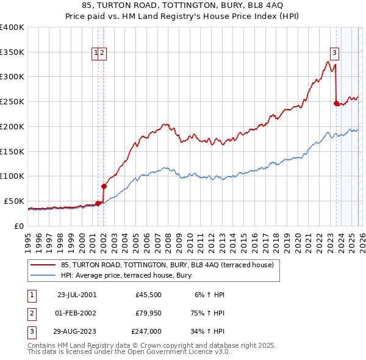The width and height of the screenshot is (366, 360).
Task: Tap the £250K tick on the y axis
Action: point(12,101)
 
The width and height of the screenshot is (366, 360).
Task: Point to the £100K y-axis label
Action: point(12,176)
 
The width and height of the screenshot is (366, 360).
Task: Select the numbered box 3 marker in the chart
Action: point(335,52)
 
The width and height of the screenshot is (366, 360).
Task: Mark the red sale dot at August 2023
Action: point(336,103)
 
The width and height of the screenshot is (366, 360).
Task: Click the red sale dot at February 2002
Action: point(104,186)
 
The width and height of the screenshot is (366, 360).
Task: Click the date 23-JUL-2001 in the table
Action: point(76,294)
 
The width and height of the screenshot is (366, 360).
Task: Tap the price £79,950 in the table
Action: point(146,312)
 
